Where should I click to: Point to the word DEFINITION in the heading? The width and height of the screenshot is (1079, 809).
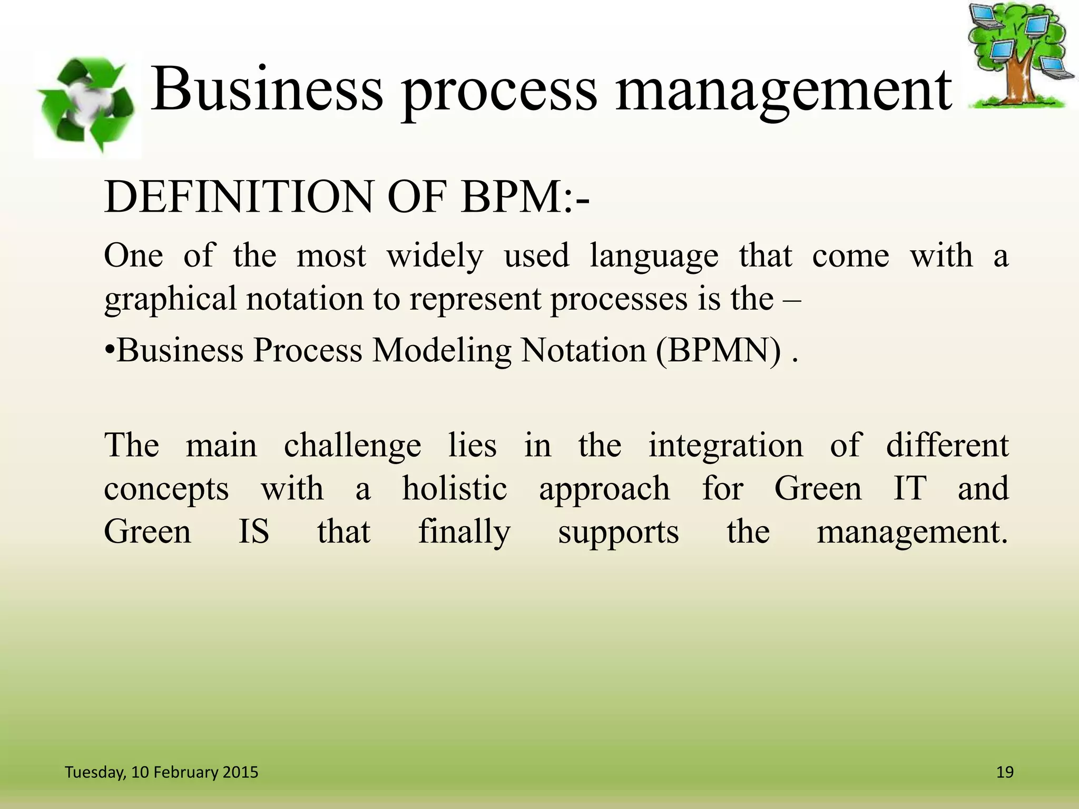click(x=240, y=197)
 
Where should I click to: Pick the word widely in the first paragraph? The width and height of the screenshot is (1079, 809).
click(x=435, y=256)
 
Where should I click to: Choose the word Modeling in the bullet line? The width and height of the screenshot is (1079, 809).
click(x=442, y=351)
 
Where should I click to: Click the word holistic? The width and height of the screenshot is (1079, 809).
click(x=455, y=488)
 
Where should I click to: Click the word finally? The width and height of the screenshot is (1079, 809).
click(x=464, y=532)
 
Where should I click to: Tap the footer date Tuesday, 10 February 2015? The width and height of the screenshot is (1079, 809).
click(x=161, y=772)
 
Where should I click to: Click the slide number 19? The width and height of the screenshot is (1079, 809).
click(x=1005, y=772)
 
